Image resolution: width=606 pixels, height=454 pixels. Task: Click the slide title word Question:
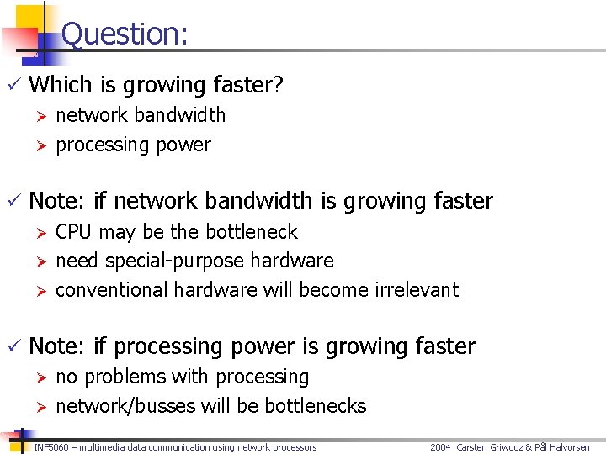(x=125, y=34)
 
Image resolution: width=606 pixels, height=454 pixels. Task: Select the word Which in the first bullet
(x=56, y=85)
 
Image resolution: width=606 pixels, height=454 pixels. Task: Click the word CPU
(x=73, y=231)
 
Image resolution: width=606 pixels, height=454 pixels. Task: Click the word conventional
(x=112, y=290)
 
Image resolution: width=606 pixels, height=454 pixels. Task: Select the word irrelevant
(x=413, y=290)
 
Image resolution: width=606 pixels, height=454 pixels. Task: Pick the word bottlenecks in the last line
(x=316, y=406)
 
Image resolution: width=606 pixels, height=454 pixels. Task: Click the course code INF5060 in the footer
(x=51, y=447)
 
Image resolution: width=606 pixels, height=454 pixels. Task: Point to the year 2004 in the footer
(x=441, y=447)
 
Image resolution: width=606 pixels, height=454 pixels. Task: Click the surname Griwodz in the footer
(x=505, y=447)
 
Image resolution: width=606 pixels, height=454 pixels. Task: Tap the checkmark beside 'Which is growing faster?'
(x=12, y=85)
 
